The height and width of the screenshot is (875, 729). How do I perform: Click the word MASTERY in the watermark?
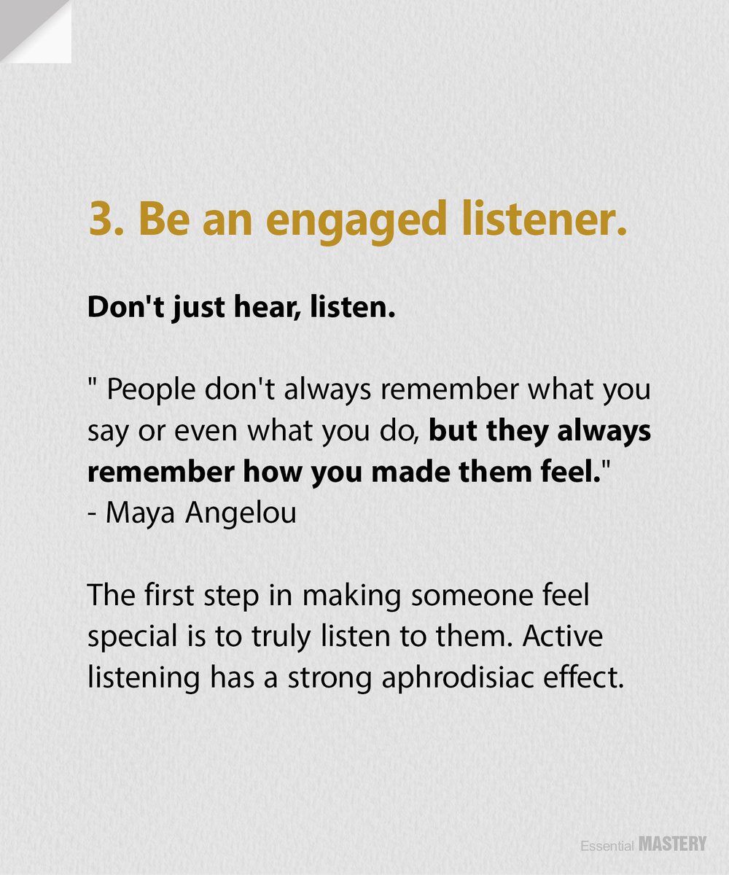point(672,844)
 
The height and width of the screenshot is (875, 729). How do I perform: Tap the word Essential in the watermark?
point(607,846)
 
